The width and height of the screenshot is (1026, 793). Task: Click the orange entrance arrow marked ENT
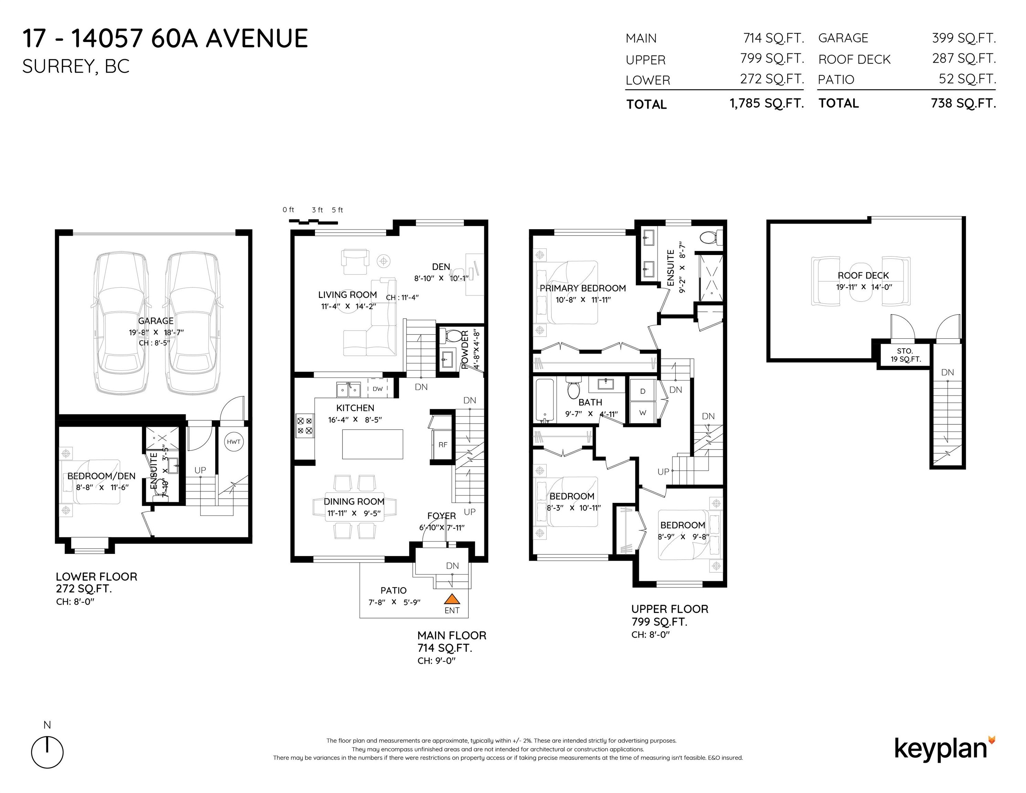[452, 599]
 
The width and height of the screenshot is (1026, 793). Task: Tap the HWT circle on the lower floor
[233, 442]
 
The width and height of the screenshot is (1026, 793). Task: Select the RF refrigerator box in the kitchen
[443, 444]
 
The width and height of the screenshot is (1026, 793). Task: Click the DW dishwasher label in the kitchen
[378, 389]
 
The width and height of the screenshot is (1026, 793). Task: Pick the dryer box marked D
[642, 391]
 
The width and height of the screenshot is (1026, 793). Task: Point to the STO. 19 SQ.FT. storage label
[905, 355]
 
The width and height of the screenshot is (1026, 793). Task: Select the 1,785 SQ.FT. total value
[767, 103]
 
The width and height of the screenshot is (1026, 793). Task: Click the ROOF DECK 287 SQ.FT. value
[963, 59]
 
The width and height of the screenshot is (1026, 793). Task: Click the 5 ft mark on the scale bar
[337, 210]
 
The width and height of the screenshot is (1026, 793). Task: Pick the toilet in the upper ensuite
[709, 238]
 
